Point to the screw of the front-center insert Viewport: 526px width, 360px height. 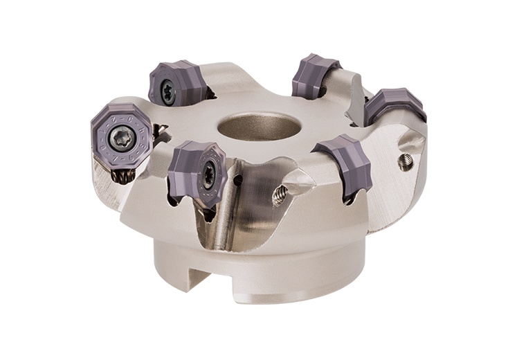pos(208,169)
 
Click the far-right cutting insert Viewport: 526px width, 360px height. pos(394,105)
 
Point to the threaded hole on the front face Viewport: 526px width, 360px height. pos(280,195)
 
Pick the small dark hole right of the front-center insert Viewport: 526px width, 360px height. pos(238,181)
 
